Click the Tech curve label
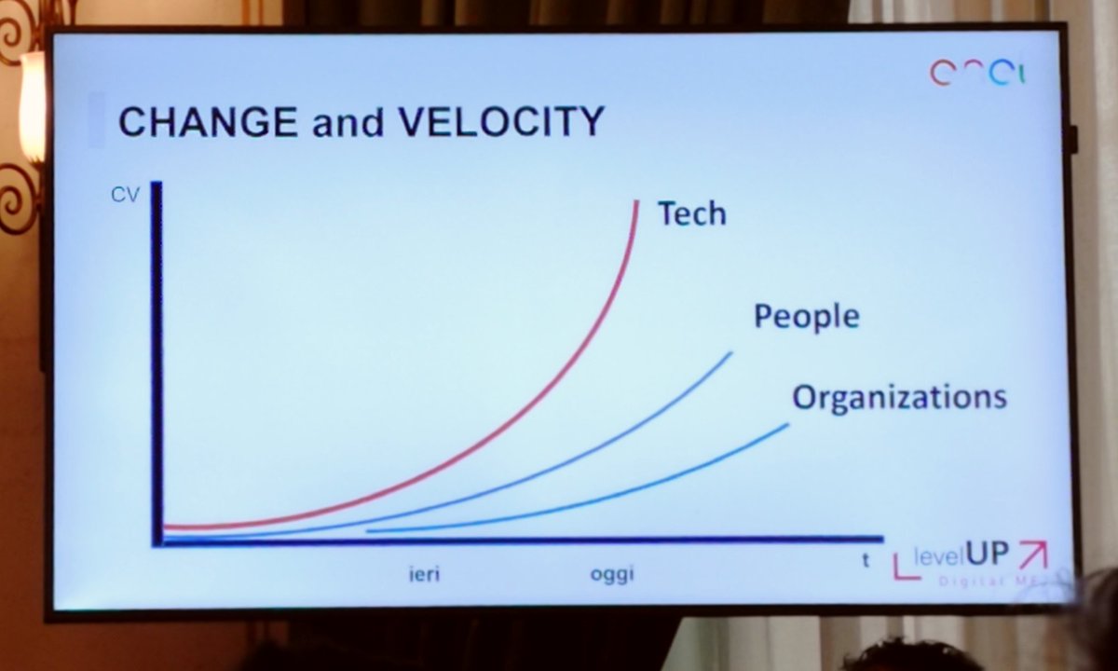click(x=691, y=213)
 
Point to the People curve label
click(x=806, y=317)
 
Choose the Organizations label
click(x=899, y=397)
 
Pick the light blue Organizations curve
click(x=652, y=485)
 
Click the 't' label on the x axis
click(x=866, y=561)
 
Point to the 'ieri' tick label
click(x=424, y=574)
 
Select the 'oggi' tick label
click(x=611, y=574)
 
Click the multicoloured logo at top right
click(x=977, y=73)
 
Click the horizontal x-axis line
click(x=522, y=540)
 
